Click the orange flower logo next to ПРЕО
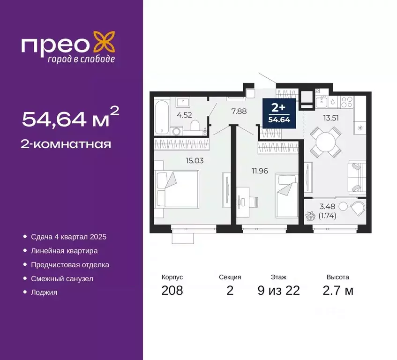(104, 42)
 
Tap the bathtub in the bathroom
(162, 117)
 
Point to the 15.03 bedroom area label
(195, 160)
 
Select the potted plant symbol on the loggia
(310, 217)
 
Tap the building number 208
(172, 291)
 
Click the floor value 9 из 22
(278, 291)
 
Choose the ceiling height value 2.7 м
(337, 291)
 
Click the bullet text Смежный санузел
(62, 278)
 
